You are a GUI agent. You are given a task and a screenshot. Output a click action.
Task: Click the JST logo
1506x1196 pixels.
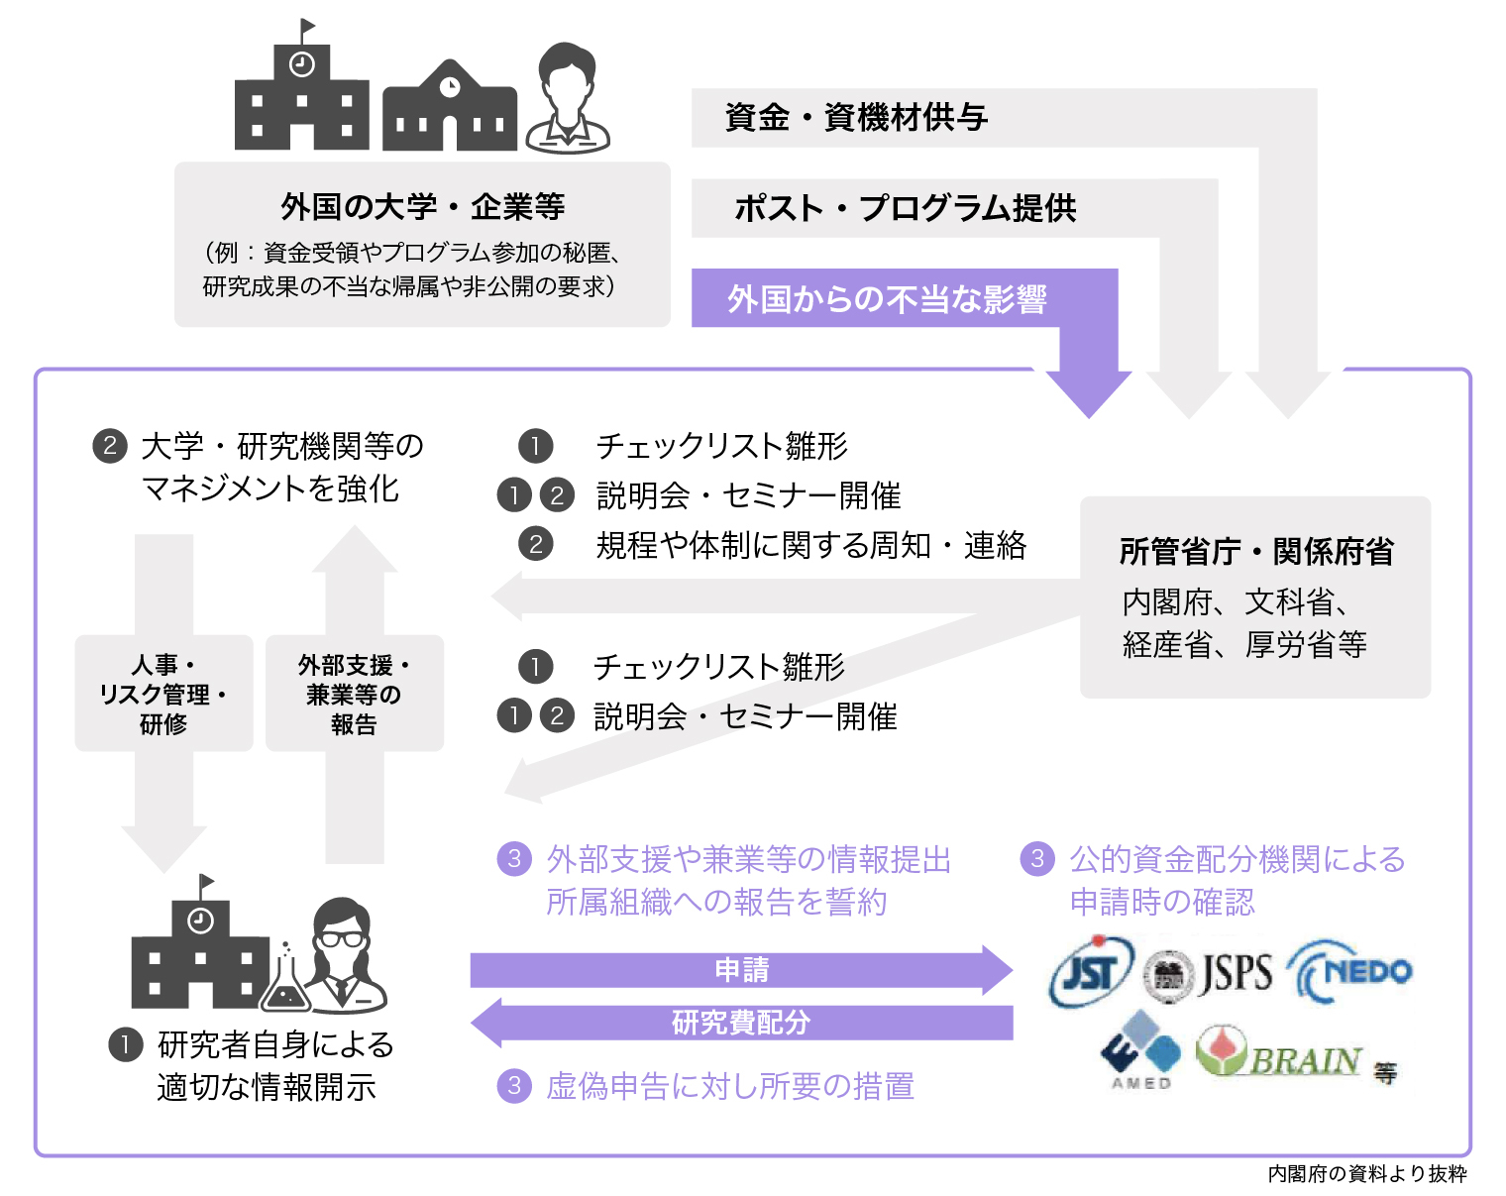coord(1091,972)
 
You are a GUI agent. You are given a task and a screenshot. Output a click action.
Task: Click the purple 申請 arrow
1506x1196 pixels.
coord(741,970)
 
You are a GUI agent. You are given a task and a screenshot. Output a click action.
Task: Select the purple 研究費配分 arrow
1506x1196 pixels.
coord(741,1023)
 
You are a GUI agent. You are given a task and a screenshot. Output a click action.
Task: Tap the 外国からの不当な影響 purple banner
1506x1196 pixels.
coord(887,298)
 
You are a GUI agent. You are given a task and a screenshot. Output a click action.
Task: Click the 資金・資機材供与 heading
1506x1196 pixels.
coord(856,118)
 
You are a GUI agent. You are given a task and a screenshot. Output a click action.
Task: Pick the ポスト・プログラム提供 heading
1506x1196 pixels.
coord(905,209)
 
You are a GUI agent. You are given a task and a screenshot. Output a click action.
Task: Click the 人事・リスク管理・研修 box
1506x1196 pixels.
coord(163,694)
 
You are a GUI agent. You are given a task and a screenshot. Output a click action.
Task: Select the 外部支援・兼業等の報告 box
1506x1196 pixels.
coord(354,694)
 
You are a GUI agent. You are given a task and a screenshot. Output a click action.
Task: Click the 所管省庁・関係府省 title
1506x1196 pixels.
coord(1256,551)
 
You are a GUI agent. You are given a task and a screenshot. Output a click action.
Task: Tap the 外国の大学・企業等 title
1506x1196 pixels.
coord(422,207)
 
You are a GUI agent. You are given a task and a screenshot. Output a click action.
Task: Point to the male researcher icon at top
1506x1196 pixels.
coord(568,99)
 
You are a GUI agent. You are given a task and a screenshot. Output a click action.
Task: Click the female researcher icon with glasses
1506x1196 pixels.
coord(343,955)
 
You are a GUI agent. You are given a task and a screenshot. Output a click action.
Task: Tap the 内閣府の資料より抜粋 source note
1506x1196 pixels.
coord(1366,1174)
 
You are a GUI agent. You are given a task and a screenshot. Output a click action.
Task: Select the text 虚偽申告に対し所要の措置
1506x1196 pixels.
coord(729,1087)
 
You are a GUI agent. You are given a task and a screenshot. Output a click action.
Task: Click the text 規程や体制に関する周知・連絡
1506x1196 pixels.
coord(810,545)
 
